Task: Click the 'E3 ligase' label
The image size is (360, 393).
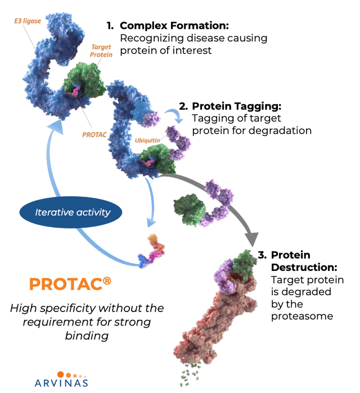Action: (26, 21)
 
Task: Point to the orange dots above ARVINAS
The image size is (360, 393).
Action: (71, 373)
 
